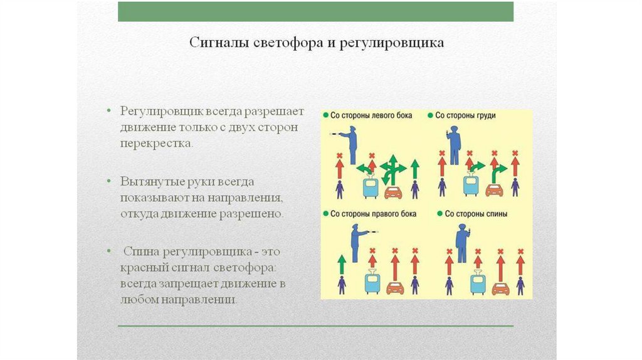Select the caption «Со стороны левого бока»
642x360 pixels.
367,116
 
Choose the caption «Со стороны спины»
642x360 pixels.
471,214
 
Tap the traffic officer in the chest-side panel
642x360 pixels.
454,145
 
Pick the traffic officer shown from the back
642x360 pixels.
461,242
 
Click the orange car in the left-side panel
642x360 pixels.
393,191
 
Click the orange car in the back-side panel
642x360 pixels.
500,289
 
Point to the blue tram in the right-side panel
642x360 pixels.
372,283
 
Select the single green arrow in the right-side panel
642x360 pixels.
341,264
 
